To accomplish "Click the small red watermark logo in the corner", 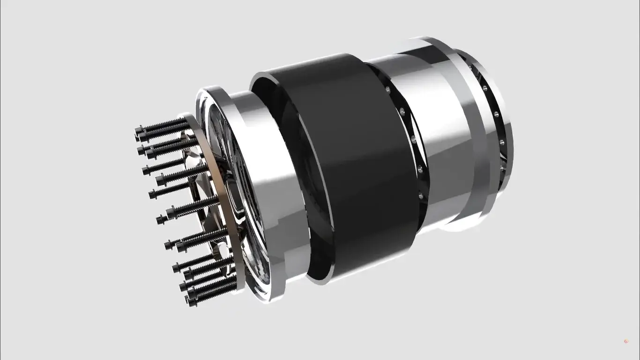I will click(625, 342).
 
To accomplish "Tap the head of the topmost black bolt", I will click(139, 130).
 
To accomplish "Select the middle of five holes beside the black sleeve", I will click(414, 139).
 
